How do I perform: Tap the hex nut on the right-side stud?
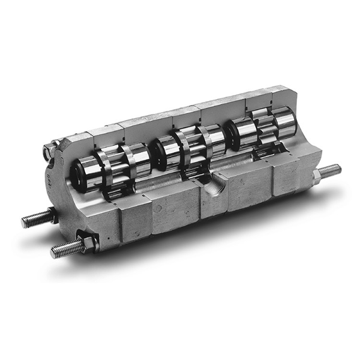[316, 176]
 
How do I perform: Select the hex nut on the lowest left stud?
[88, 243]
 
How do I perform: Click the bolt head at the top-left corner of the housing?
[47, 152]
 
